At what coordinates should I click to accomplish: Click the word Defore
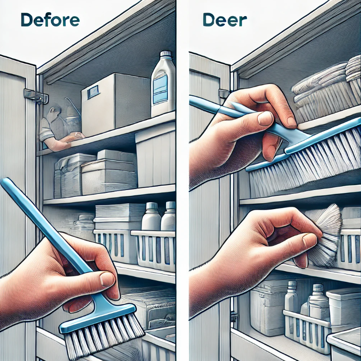(x=50, y=20)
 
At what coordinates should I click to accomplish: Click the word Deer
(x=225, y=20)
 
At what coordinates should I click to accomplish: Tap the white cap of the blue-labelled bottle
(x=166, y=53)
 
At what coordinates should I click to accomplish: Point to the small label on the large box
(x=93, y=91)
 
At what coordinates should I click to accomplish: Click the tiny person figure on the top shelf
(x=60, y=128)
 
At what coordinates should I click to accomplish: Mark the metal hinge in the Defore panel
(x=36, y=96)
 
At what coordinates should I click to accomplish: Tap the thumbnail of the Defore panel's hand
(x=107, y=279)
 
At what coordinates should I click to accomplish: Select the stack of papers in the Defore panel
(x=120, y=213)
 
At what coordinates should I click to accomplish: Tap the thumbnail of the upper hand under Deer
(x=265, y=119)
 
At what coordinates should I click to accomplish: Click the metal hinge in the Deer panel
(x=224, y=94)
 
